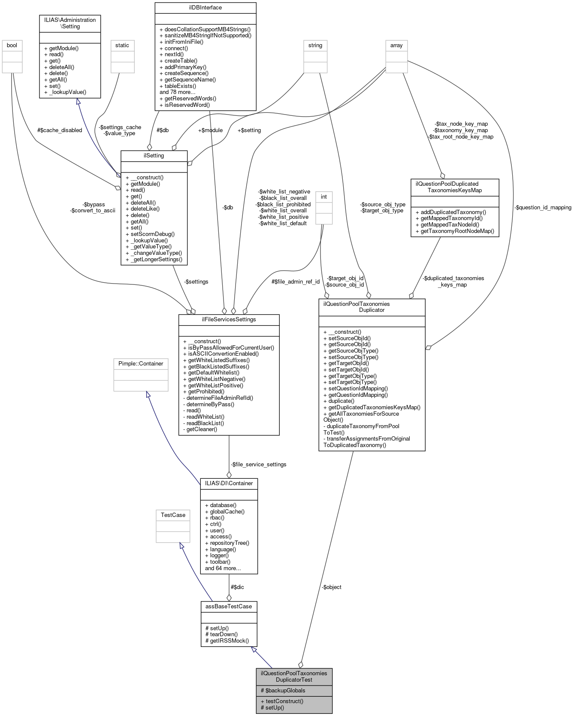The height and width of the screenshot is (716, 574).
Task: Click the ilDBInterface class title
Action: [x=205, y=7]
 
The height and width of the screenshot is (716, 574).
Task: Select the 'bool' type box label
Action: [x=12, y=45]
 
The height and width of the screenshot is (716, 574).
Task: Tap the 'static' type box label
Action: [x=122, y=45]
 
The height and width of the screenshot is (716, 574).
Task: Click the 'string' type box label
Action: [x=315, y=45]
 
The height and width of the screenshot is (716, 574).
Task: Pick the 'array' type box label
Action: [x=396, y=45]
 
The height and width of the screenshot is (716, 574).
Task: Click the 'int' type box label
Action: [x=323, y=196]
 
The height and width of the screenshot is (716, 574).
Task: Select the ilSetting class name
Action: [x=154, y=155]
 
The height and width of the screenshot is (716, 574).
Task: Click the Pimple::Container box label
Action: [x=141, y=363]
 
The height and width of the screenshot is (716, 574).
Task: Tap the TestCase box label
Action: [x=173, y=515]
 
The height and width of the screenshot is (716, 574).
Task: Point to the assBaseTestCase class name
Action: [x=229, y=606]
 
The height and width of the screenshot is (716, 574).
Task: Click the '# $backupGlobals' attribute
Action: [x=283, y=690]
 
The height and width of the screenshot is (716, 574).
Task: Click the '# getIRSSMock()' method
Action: [x=227, y=640]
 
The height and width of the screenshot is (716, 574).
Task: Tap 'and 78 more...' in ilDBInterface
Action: [x=177, y=92]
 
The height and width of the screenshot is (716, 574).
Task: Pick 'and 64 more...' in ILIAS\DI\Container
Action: [x=223, y=568]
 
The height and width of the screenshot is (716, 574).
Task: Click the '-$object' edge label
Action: [x=332, y=587]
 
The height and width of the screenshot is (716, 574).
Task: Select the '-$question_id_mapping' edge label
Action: [x=542, y=207]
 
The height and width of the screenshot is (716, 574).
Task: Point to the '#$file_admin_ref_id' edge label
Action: [x=296, y=281]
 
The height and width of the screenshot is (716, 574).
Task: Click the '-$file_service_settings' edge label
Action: [x=259, y=464]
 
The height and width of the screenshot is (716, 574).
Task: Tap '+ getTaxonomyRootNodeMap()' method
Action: [x=455, y=231]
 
